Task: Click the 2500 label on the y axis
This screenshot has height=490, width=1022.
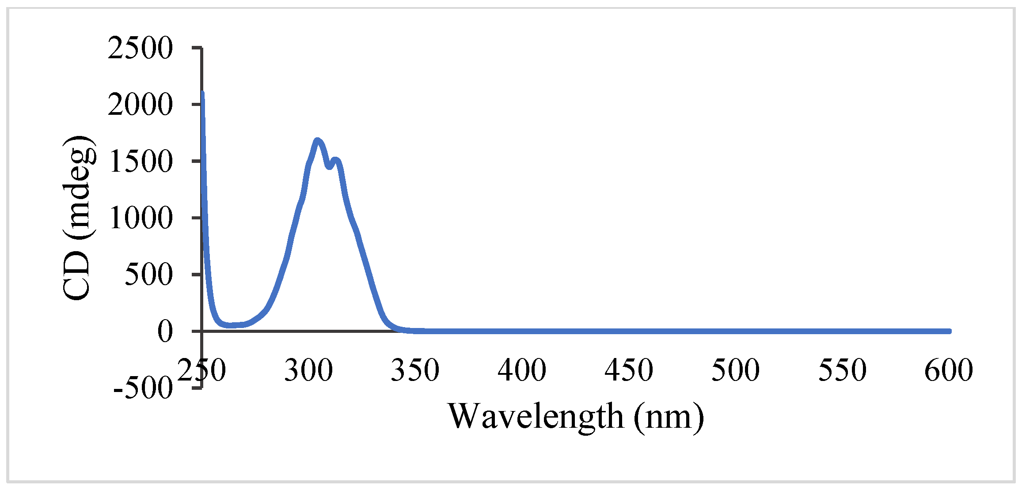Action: (140, 48)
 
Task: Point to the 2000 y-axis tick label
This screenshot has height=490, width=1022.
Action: (140, 105)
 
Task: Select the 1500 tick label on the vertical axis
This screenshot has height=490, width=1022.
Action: (140, 161)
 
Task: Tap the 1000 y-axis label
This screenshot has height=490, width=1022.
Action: (140, 218)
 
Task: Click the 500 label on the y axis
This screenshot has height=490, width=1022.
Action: (148, 275)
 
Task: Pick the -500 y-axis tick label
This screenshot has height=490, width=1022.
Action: (142, 388)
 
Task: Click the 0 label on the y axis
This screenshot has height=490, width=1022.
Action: (165, 331)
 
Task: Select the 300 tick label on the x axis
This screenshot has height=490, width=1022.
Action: (308, 370)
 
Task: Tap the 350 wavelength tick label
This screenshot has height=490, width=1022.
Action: (415, 370)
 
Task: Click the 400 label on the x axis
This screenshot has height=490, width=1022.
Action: (522, 370)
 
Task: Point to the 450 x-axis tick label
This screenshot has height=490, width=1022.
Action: (629, 370)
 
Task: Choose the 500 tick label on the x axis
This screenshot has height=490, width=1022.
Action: (735, 370)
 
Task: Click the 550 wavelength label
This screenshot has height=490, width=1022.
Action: (842, 370)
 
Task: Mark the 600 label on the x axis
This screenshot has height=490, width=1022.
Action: (949, 370)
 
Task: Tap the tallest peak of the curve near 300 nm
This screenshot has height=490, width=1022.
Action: (317, 140)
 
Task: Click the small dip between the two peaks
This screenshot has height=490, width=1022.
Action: (329, 167)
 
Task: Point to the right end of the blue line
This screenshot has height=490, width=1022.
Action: (949, 331)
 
